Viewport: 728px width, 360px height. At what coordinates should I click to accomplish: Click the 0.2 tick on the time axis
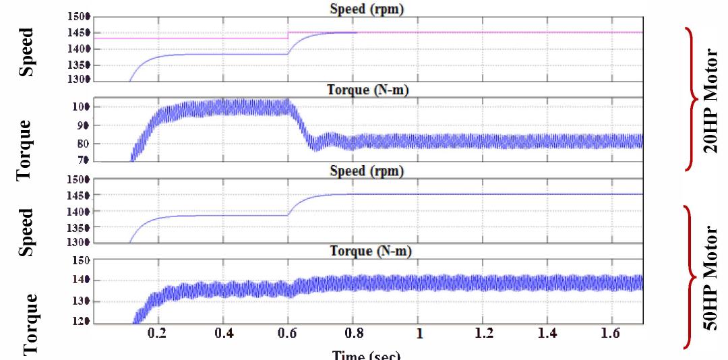point(157,334)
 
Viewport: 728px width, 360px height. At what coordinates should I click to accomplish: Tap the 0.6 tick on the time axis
point(288,334)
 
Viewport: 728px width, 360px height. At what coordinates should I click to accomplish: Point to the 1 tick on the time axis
point(419,334)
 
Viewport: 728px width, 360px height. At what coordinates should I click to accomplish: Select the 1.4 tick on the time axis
point(549,334)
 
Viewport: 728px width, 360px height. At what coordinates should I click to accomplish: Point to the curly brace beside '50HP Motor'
point(691,277)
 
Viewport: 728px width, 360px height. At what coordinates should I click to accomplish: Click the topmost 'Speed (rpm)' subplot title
point(367,9)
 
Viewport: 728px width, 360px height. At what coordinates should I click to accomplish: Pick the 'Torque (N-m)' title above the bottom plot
point(370,251)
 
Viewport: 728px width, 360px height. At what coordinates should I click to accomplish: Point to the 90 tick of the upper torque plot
point(83,125)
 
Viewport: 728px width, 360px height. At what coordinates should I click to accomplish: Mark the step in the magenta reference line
point(288,35)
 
